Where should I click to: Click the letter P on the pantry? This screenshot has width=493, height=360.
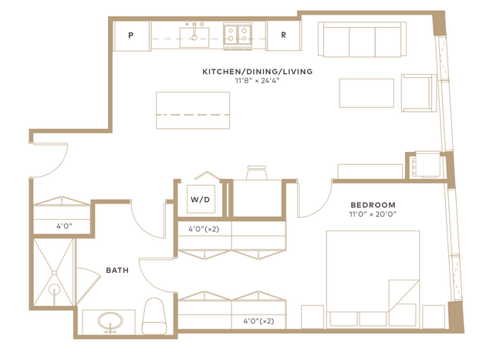[131, 35]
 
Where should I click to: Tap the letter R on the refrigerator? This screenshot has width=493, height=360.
[283, 35]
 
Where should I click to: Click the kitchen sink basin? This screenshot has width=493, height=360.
[194, 38]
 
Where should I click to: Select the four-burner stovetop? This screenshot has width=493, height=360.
[238, 35]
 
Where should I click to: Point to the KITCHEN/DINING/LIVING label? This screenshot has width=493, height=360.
[258, 72]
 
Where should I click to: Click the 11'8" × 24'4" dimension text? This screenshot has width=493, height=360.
[258, 81]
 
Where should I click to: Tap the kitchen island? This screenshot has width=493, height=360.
[193, 110]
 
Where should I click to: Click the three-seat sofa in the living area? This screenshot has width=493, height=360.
[362, 39]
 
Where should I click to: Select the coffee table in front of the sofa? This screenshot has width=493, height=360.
[366, 93]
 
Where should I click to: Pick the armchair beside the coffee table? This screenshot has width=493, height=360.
[419, 93]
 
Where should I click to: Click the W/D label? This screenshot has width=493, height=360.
[201, 200]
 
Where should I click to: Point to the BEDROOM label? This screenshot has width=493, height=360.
[373, 205]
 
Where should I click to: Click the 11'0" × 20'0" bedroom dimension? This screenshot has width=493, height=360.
[373, 214]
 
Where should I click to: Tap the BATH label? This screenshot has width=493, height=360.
[117, 270]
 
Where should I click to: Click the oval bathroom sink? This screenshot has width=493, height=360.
[110, 322]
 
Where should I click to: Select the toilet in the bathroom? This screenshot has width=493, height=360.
[154, 316]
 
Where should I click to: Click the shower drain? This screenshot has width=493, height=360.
[55, 289]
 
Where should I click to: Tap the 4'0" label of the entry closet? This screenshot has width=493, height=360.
[64, 226]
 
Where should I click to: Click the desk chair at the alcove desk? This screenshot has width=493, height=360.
[257, 172]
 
